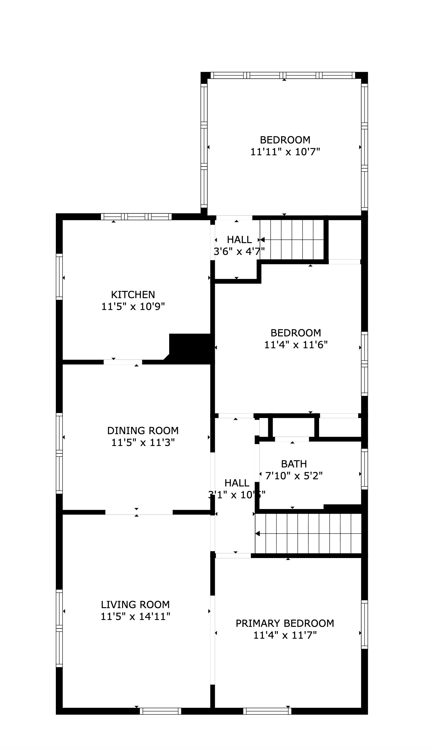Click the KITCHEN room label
(x=133, y=295)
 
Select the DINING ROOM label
(x=143, y=430)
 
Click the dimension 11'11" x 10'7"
(x=285, y=152)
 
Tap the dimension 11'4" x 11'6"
(x=296, y=344)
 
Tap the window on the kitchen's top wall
(x=136, y=217)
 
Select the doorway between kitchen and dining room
(x=123, y=362)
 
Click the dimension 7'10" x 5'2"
(x=294, y=476)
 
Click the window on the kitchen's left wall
(x=59, y=277)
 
